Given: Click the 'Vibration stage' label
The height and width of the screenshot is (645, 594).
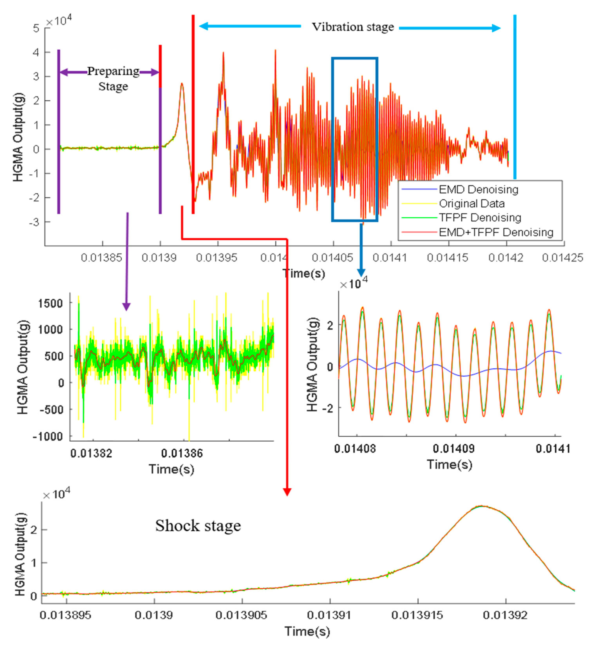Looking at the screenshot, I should coord(353,27).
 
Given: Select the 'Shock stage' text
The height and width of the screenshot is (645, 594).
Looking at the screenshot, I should coord(198,526).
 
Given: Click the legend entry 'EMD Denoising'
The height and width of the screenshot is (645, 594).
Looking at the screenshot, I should coord(478,189).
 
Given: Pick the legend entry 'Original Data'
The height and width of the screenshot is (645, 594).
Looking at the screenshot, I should coord(472,204).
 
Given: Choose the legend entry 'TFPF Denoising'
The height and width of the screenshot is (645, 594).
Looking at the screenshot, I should coord(480,218).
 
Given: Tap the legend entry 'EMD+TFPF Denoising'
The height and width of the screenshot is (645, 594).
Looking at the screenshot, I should coord(496,232).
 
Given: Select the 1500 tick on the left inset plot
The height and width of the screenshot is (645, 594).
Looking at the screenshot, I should coord(51,303).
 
